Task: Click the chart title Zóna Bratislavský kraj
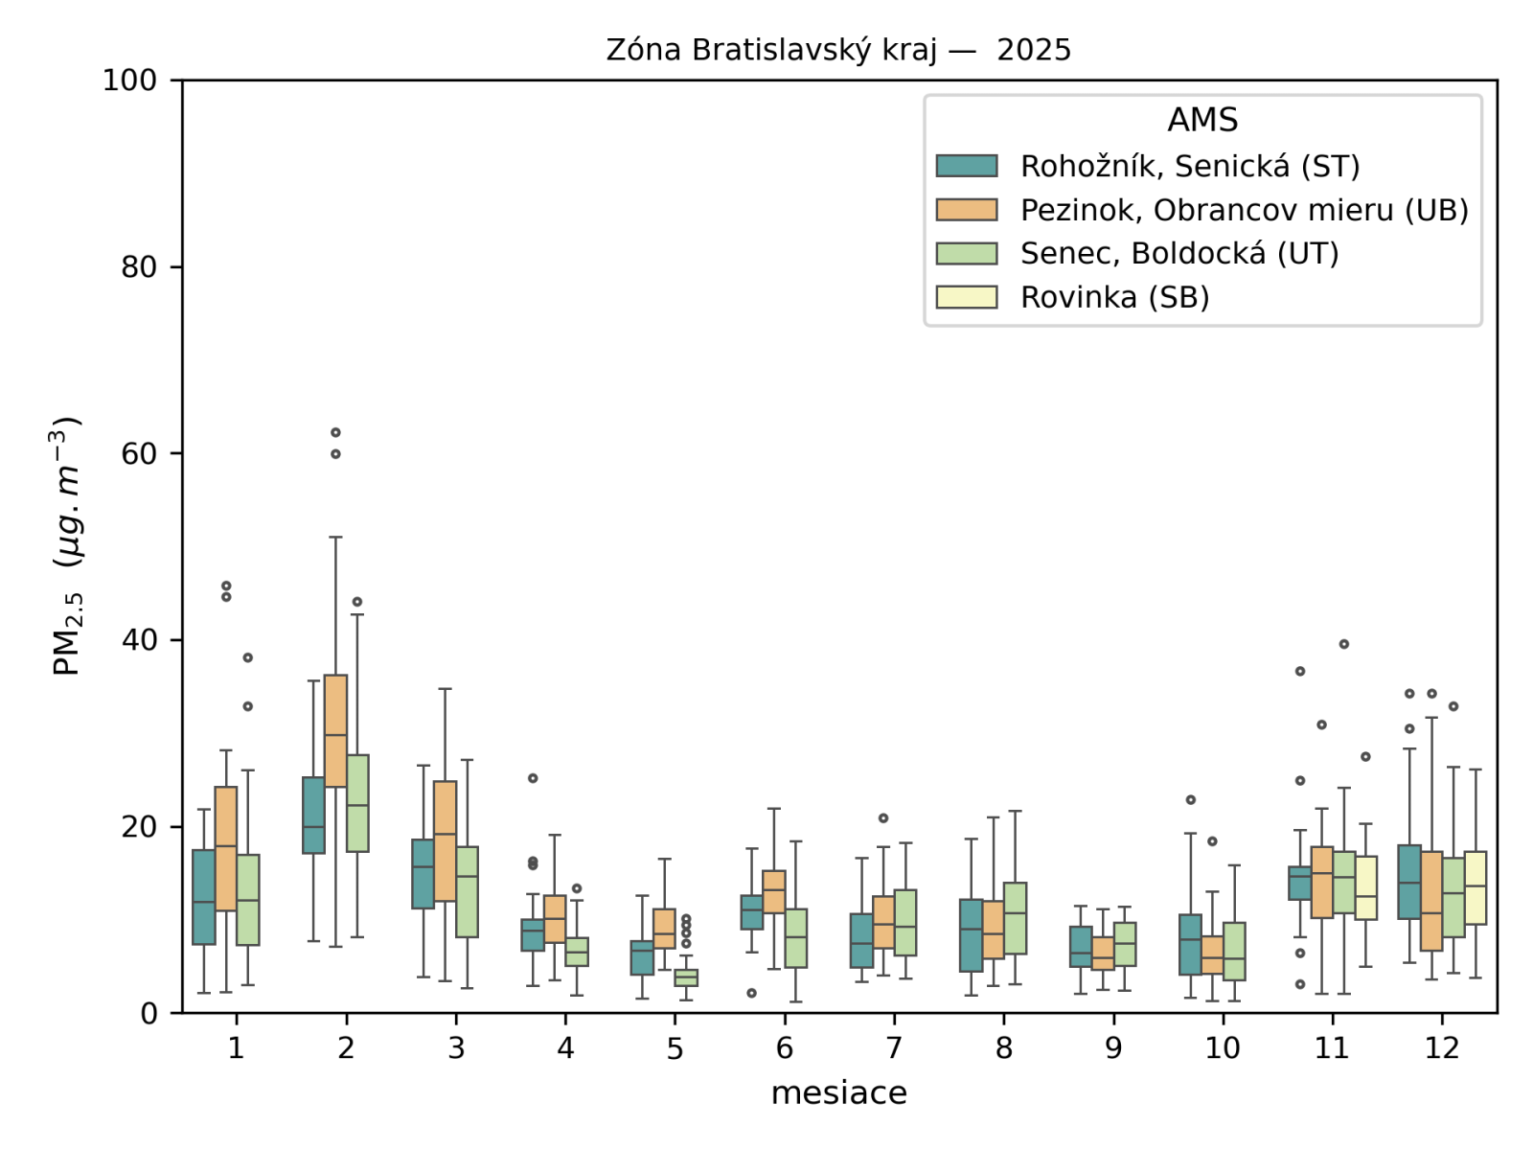(x=838, y=50)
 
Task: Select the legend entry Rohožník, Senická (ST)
(x=1189, y=167)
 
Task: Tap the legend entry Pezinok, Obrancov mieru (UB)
(x=1244, y=210)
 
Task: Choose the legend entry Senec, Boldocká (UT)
(x=1178, y=254)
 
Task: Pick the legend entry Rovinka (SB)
(x=1114, y=297)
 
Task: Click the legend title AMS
(x=1202, y=120)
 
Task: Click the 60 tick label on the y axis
(x=140, y=453)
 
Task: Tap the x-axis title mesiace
(x=838, y=1093)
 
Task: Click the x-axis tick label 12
(x=1441, y=1048)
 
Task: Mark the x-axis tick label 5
(x=675, y=1048)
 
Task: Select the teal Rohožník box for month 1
(x=204, y=897)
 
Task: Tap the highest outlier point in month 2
(x=335, y=432)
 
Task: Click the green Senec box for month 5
(x=686, y=977)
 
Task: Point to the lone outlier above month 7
(x=883, y=818)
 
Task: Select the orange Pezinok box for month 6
(x=774, y=891)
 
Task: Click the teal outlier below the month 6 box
(x=752, y=993)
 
